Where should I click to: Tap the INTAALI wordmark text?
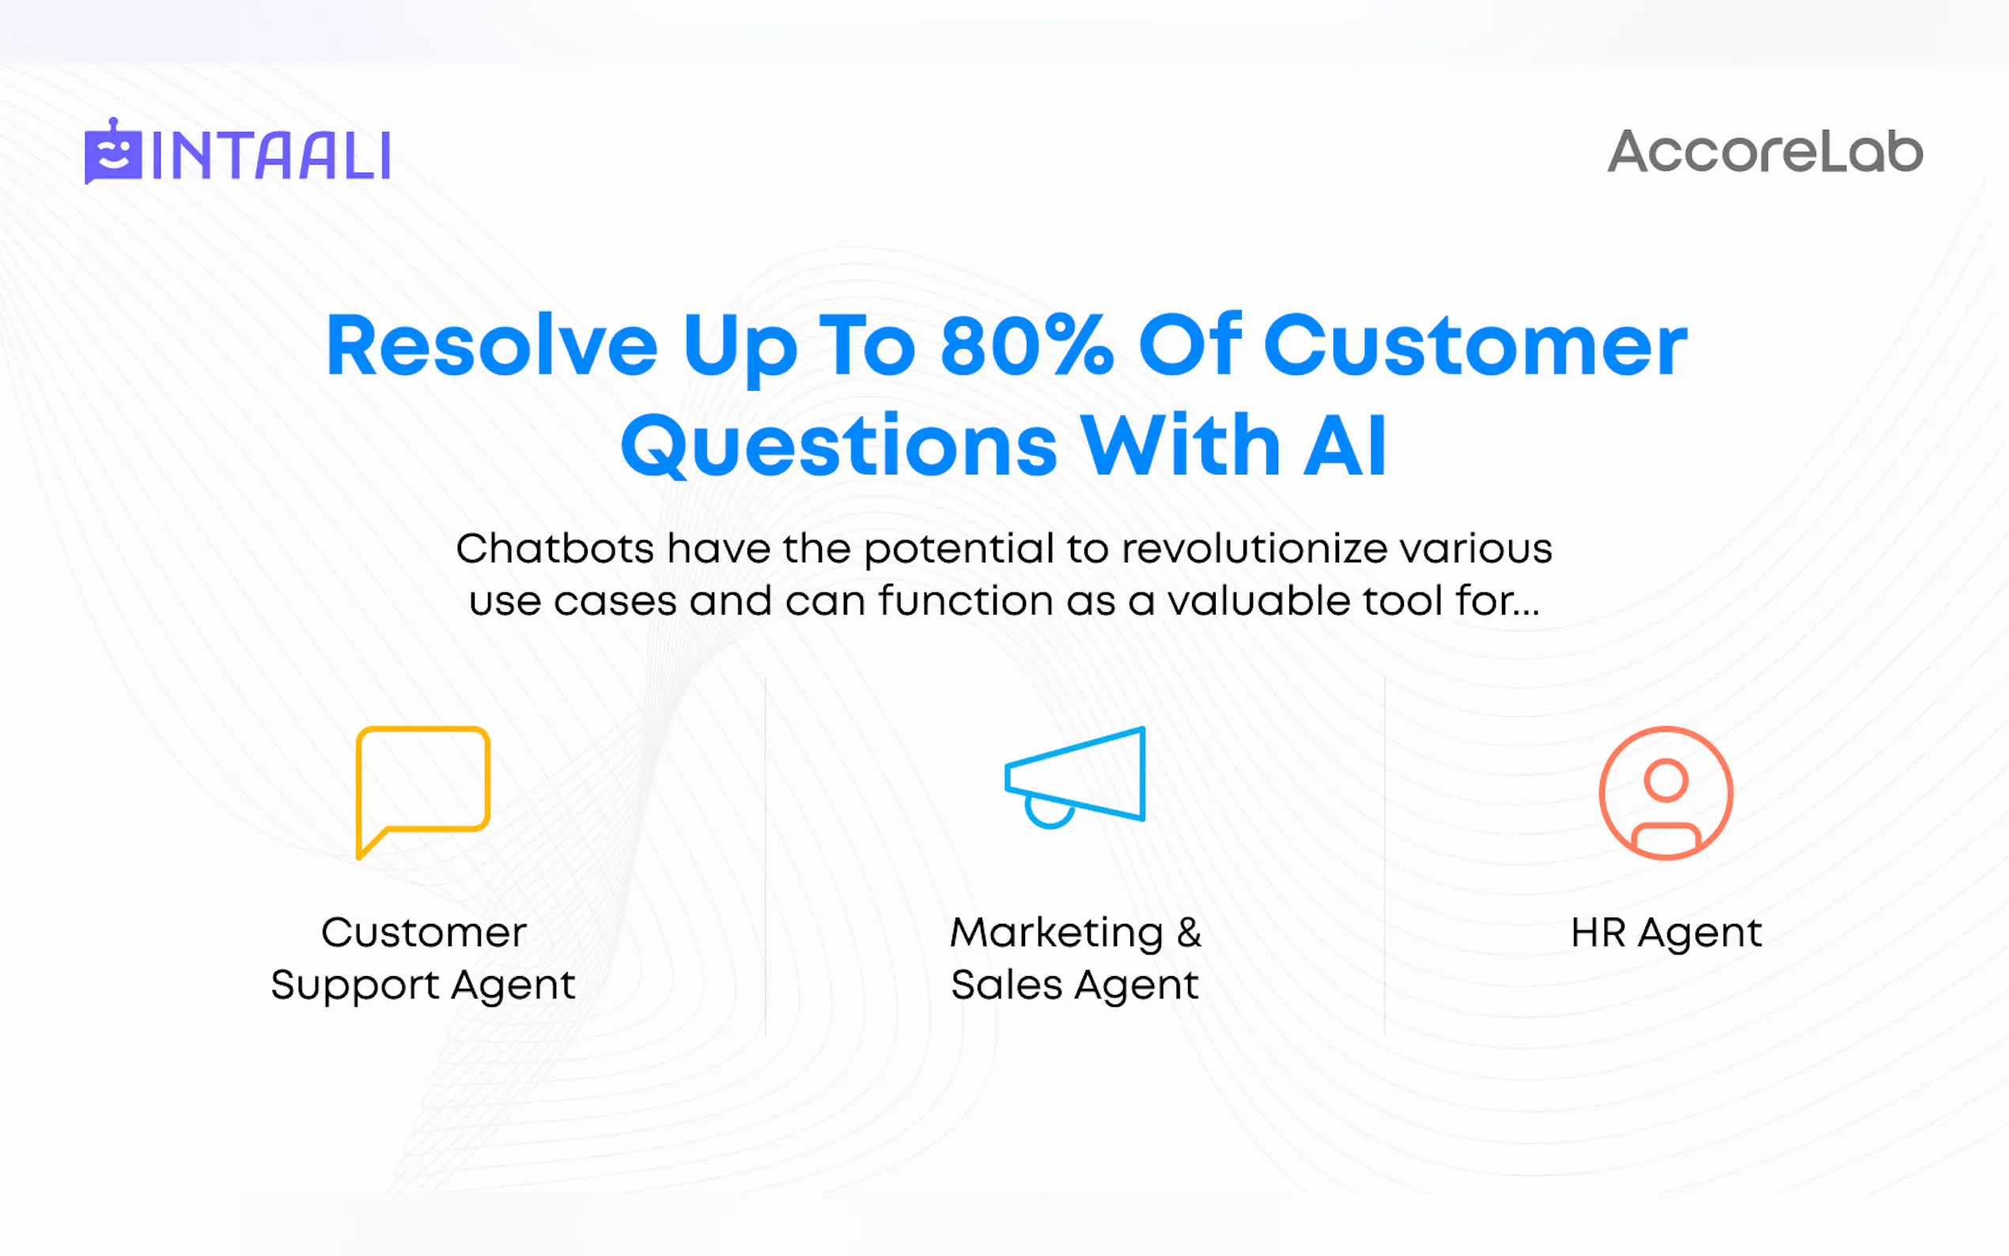(x=271, y=155)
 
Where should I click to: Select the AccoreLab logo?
(x=1765, y=152)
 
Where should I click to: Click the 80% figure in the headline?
(x=1026, y=345)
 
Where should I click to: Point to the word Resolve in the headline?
(x=492, y=345)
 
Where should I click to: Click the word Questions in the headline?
(x=839, y=446)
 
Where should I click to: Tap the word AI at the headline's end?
(x=1345, y=446)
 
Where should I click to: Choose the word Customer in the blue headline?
(x=1475, y=345)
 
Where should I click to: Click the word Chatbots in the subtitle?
(x=554, y=549)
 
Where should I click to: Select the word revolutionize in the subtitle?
(x=1255, y=549)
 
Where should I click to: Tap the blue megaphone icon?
(x=1076, y=777)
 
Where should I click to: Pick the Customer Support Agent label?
(x=424, y=959)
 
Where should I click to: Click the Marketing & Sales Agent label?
(x=1076, y=959)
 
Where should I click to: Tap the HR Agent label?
(x=1666, y=933)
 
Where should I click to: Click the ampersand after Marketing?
(x=1190, y=932)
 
